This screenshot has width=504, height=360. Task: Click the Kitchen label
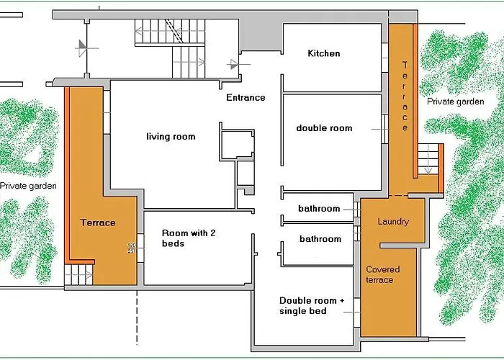(324, 53)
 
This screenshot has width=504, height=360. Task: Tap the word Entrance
(246, 98)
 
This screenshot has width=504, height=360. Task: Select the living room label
(171, 137)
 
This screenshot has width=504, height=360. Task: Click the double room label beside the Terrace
(324, 128)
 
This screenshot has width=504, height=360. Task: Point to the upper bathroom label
(319, 209)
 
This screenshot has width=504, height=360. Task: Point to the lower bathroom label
(320, 239)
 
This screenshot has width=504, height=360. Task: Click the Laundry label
(393, 222)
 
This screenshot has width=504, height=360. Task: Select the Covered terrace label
(382, 274)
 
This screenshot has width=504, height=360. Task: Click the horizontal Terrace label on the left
(98, 222)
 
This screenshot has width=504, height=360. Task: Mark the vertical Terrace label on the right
(405, 96)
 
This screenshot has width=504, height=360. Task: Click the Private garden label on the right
(455, 102)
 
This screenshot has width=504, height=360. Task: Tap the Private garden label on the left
(28, 186)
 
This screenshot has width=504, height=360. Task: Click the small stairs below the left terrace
(79, 274)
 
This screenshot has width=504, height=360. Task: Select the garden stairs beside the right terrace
(429, 158)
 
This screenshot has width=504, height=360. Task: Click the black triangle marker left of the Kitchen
(235, 63)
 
